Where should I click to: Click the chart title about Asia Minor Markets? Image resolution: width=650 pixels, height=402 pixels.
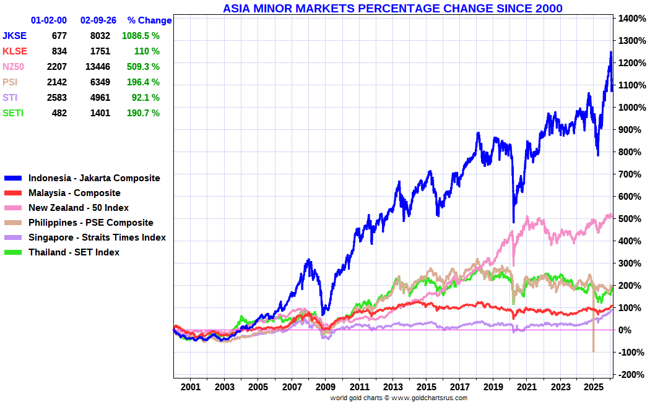pos(392,8)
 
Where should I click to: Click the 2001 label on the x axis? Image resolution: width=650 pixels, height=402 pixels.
pos(191,387)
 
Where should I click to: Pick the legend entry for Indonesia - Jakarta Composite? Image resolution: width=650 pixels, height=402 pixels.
pos(94,178)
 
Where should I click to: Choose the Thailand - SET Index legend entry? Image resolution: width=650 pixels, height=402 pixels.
pos(74,252)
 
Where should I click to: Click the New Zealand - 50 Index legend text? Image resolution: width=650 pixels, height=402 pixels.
pos(79,208)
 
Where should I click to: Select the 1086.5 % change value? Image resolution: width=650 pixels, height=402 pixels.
pos(141,36)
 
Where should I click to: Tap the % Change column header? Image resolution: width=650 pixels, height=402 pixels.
pos(149,20)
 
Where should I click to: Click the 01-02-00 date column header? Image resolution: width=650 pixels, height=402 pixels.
pos(49,20)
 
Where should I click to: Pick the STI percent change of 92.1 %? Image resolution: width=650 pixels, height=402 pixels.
pos(144,98)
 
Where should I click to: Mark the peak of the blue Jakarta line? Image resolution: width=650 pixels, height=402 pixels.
pos(610,53)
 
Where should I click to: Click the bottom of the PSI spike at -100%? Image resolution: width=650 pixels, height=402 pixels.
pos(593,351)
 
